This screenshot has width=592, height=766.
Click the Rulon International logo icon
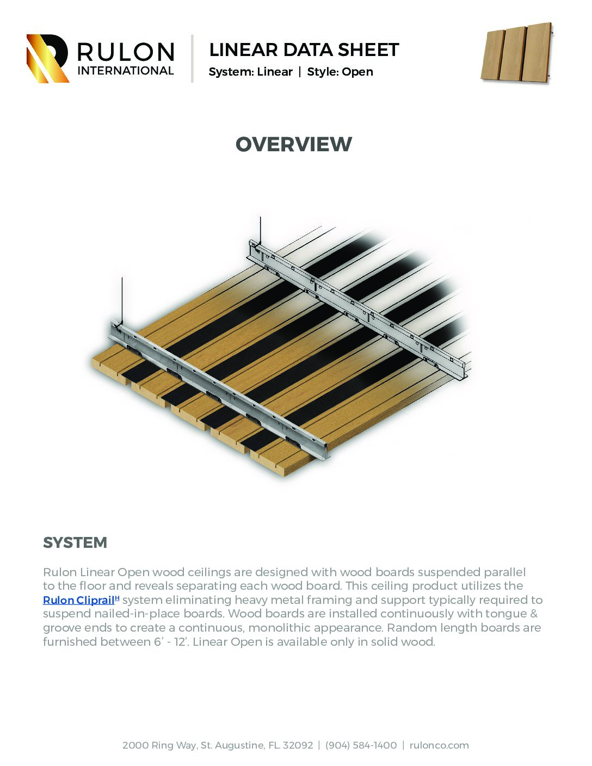[47, 58]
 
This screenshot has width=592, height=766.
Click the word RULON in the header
[126, 52]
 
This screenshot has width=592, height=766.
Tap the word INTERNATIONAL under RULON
[126, 71]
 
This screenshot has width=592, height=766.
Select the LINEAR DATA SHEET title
[304, 50]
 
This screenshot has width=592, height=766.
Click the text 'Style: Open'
[340, 72]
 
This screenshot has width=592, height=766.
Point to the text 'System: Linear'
[250, 72]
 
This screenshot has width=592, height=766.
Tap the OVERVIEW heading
[294, 144]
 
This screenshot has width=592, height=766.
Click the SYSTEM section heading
[75, 542]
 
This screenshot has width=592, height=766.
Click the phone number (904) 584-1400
[361, 745]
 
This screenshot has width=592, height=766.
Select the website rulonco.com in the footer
[439, 745]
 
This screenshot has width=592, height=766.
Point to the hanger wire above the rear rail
[260, 228]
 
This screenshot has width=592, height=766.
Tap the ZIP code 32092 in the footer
[298, 745]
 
